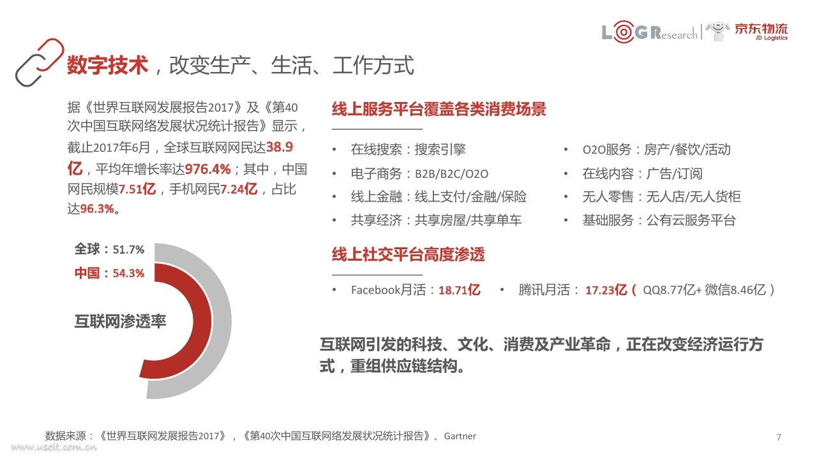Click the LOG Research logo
click(649, 32)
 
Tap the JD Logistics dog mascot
click(717, 32)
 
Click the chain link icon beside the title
click(40, 62)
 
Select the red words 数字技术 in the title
click(108, 65)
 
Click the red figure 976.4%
click(208, 169)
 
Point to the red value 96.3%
click(97, 208)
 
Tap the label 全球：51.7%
click(109, 249)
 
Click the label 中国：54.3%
click(109, 273)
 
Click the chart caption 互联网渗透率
click(121, 321)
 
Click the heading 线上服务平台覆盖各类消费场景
click(438, 109)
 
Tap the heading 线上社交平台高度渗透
click(408, 254)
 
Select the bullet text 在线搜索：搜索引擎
click(408, 149)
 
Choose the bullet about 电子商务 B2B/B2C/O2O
click(419, 173)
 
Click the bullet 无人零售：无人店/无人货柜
click(662, 197)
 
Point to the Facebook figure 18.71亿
click(459, 290)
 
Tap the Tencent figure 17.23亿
click(606, 290)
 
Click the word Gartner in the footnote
click(460, 436)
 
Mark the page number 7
click(779, 437)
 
